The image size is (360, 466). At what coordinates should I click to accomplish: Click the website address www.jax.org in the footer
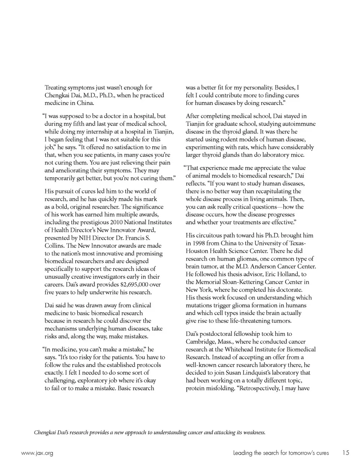(x=37, y=453)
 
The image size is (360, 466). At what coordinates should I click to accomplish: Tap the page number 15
(x=345, y=453)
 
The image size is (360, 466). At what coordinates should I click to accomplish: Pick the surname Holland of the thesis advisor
(x=288, y=274)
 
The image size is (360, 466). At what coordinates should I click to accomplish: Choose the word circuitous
(x=209, y=235)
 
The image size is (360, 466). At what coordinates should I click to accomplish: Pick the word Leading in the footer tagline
(x=242, y=453)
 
